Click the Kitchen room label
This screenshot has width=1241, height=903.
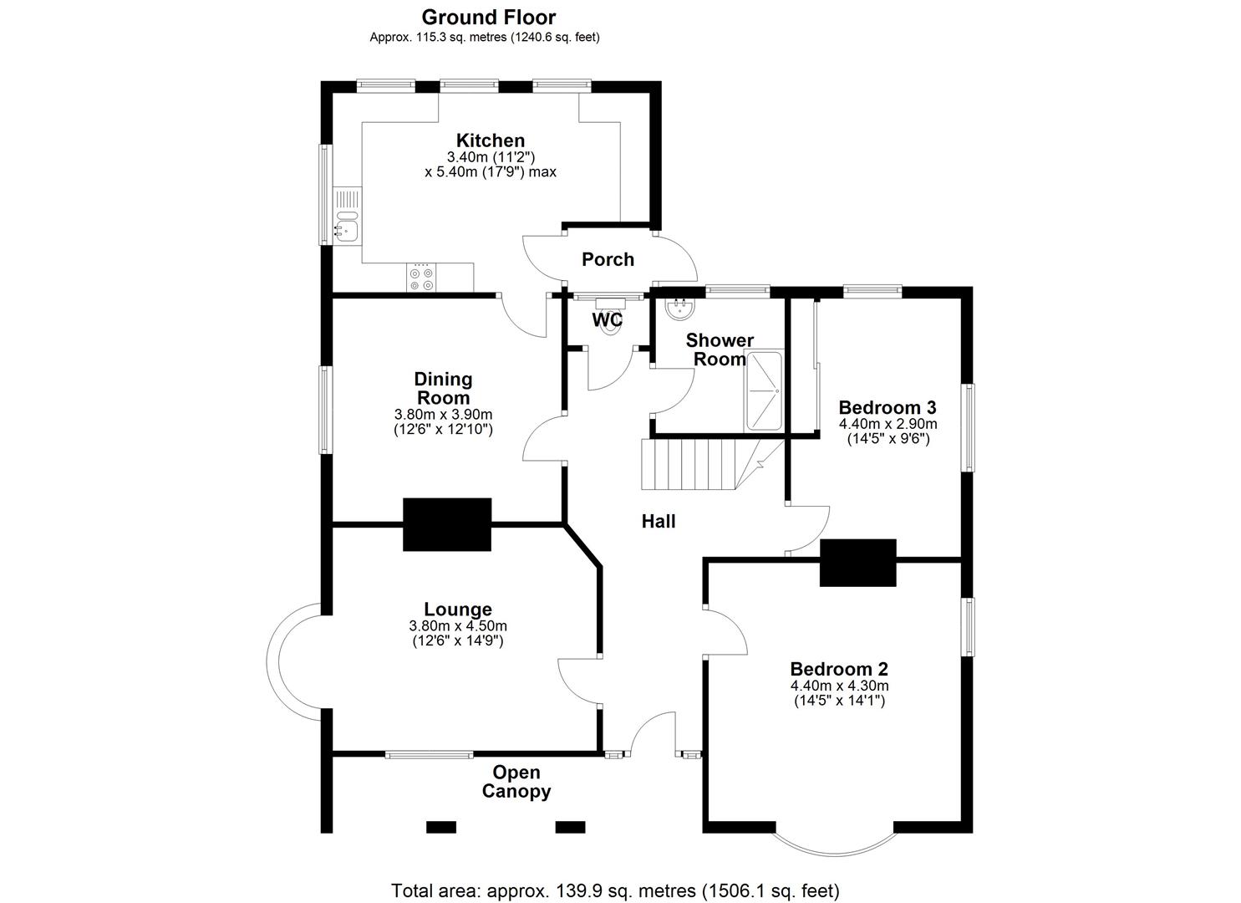491,140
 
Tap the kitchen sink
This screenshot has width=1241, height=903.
347,227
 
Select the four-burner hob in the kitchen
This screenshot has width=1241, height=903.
421,278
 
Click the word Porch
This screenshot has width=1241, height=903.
608,259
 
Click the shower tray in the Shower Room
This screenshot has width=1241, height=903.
764,390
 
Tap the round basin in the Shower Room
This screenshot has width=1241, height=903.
681,309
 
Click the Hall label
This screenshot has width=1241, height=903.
659,521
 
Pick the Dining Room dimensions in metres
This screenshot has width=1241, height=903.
443,414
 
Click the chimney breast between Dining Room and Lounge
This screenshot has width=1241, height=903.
447,524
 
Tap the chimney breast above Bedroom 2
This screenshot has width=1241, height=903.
858,563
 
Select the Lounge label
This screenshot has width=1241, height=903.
458,610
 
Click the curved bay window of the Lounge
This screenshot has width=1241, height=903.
272,662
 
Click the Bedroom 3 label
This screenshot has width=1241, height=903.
888,407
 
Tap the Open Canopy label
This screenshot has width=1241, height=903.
516,782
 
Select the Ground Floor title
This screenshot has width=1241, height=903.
489,18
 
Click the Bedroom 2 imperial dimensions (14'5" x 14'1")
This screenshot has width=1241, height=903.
839,701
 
